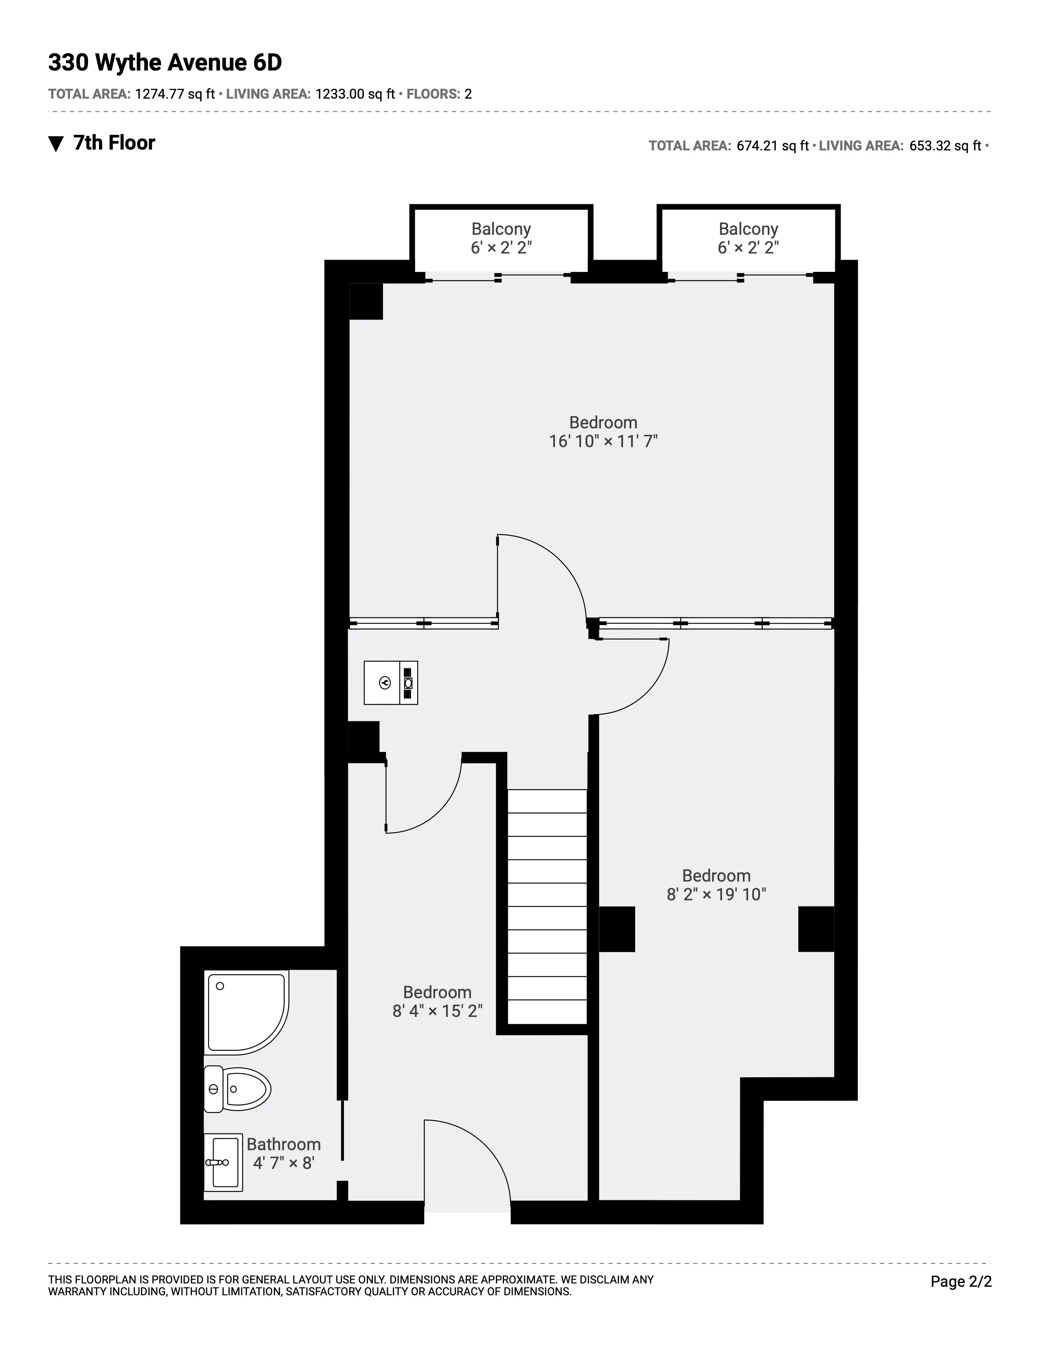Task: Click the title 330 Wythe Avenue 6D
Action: (165, 63)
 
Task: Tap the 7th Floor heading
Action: (114, 143)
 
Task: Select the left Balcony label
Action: (501, 229)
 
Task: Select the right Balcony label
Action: (748, 229)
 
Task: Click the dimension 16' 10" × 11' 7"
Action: (603, 441)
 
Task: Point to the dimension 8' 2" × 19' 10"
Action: (716, 894)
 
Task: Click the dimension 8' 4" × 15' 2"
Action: (437, 1011)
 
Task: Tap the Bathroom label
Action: (284, 1144)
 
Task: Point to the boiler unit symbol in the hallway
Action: (390, 682)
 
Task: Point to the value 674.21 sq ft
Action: (772, 146)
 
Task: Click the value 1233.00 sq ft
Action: (354, 94)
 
